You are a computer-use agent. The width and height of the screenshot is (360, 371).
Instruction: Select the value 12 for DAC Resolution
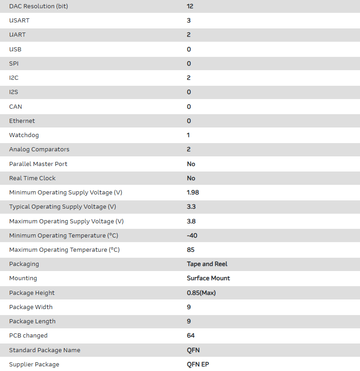190,6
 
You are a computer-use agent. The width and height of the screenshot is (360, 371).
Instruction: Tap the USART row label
19,21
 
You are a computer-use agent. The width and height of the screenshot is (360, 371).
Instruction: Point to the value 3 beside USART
189,21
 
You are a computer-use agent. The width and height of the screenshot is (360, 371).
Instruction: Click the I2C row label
14,78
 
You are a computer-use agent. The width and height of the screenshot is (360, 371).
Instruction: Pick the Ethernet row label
22,121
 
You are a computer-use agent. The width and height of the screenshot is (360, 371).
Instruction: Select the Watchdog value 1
188,135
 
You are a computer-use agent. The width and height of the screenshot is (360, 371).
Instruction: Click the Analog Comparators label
39,150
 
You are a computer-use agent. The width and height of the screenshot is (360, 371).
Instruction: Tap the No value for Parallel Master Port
191,164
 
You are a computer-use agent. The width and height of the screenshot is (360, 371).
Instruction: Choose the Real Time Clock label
32,178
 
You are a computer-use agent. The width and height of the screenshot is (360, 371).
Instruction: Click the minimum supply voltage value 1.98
193,193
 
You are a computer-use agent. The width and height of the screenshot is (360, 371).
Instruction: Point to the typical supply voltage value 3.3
191,207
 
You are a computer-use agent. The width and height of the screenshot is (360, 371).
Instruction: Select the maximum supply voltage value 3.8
191,221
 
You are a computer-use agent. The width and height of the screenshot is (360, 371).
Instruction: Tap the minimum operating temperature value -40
192,236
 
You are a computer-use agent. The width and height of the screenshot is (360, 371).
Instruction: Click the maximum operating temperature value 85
191,250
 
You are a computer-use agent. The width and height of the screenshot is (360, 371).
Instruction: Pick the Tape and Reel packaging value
207,264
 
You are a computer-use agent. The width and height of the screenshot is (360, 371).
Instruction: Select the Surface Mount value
208,278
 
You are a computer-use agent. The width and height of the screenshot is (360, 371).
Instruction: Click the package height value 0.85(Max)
201,293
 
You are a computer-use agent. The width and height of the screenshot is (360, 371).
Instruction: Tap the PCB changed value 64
191,336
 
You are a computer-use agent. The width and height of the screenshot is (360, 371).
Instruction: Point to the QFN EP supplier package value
198,365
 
